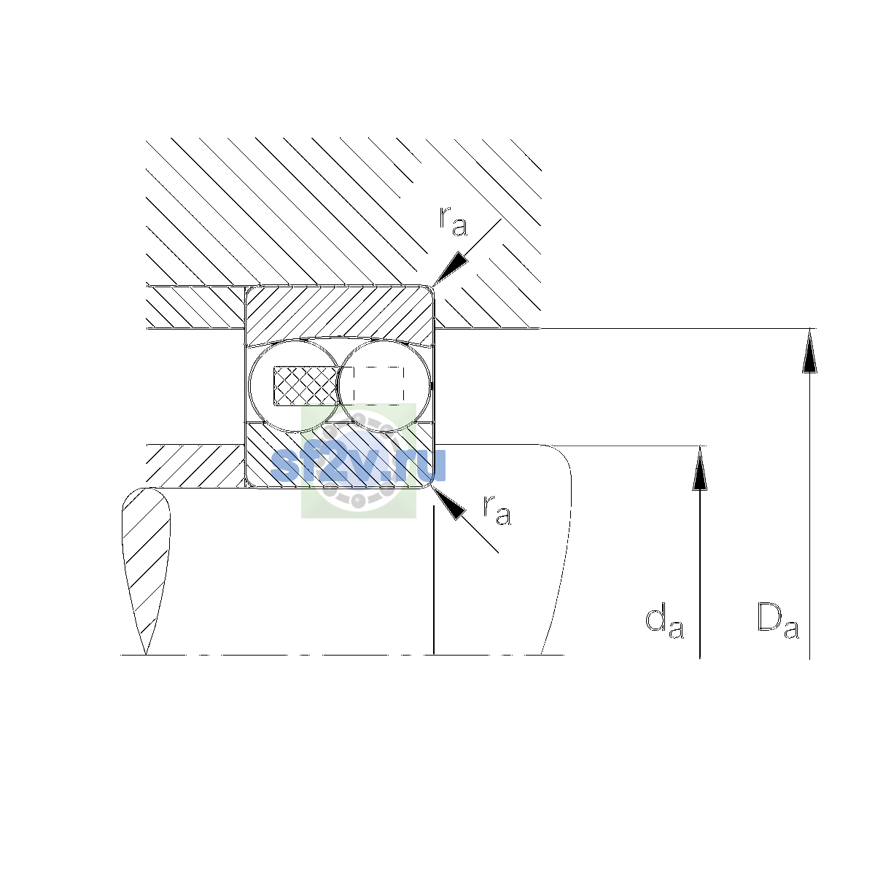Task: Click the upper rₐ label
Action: tap(453, 221)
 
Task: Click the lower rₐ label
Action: tap(497, 510)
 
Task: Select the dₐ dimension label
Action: tap(664, 621)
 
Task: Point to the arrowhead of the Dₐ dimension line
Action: tap(809, 351)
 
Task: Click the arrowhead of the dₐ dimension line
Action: tap(700, 468)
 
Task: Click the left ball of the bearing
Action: tap(295, 386)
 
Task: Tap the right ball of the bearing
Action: tap(384, 386)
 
